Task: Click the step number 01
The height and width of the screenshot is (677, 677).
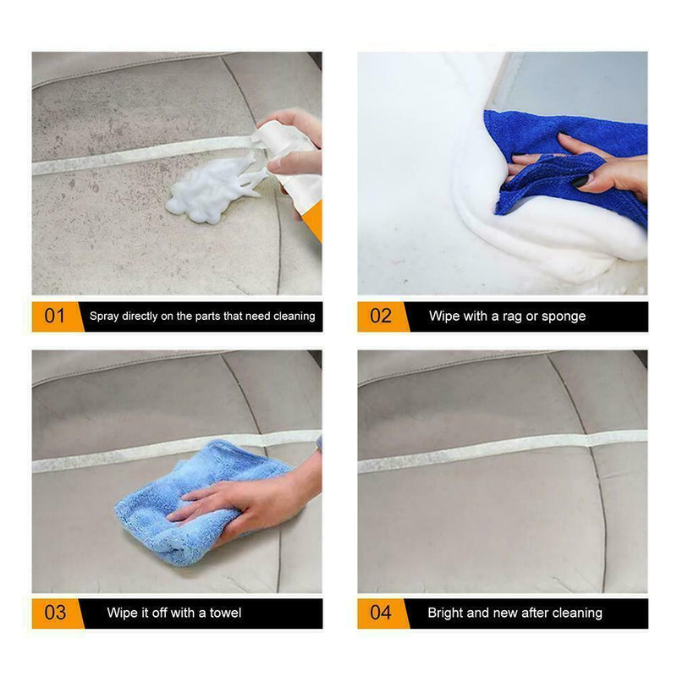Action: coord(54,316)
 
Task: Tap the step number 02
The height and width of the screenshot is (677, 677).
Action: coord(381,316)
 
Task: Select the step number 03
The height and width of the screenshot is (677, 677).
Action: coord(54,613)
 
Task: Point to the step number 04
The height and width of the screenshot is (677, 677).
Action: coord(381,613)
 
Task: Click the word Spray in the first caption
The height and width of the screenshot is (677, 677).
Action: coord(106,316)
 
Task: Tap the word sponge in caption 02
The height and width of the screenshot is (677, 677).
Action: coord(564,316)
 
